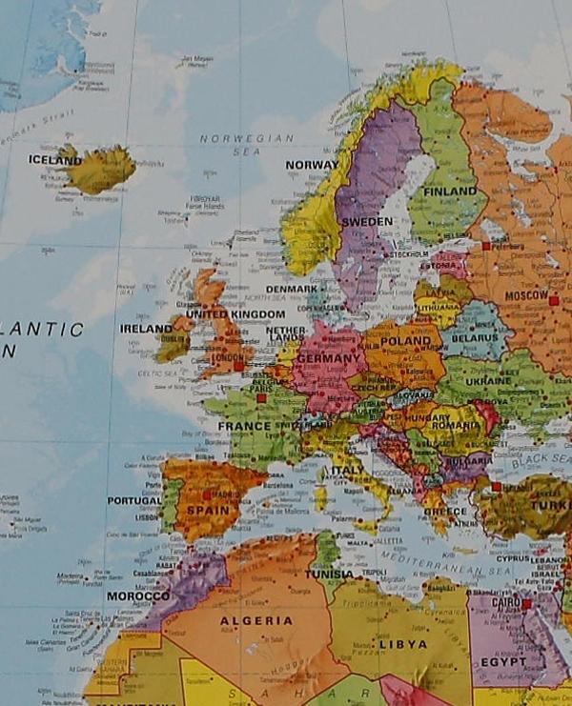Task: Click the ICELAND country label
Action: pos(54,160)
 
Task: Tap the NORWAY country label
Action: pos(311,165)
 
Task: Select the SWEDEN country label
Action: pos(367,221)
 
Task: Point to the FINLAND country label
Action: pos(449,192)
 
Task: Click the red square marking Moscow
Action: pos(553,300)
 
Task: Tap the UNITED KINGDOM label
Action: pos(235,313)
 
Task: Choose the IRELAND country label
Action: pos(146,329)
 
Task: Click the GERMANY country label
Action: pos(329,358)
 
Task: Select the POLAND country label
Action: pos(406,340)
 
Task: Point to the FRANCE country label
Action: pos(245,426)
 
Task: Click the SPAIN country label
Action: pos(207,511)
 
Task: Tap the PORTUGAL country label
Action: pos(134,500)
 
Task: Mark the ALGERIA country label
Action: pos(256,620)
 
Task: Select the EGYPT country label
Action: pos(502,662)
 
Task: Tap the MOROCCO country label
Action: pos(138,596)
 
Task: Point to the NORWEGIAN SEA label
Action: pos(247,138)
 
